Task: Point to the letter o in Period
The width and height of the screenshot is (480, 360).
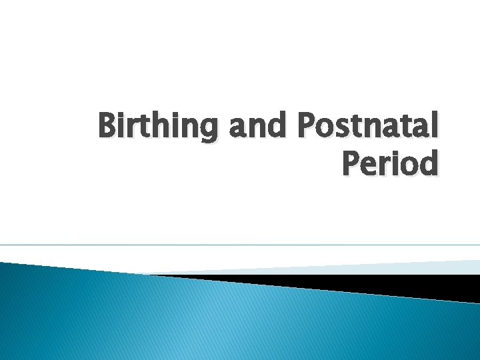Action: [409, 165]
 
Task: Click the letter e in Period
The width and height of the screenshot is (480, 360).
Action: [373, 165]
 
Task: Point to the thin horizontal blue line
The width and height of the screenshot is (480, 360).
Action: [240, 245]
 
